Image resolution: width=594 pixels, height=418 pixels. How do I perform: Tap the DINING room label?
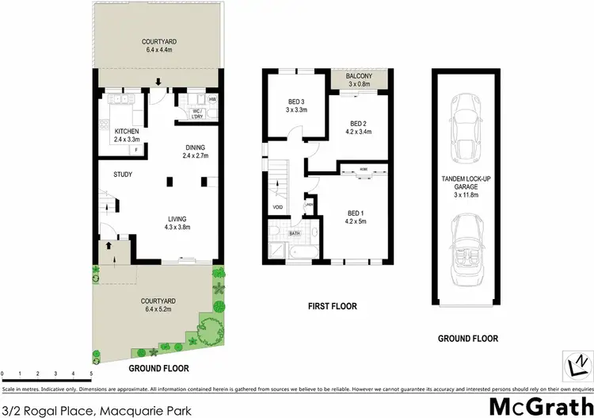pyautogui.click(x=195, y=147)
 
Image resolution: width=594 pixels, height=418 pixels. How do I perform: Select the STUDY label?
pyautogui.click(x=123, y=174)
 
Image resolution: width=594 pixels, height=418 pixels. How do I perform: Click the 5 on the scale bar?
pyautogui.click(x=91, y=373)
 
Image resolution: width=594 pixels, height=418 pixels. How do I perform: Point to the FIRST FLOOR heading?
pyautogui.click(x=331, y=305)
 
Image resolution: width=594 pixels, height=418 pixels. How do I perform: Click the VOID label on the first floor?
pyautogui.click(x=278, y=208)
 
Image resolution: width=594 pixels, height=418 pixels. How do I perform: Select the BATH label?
pyautogui.click(x=294, y=234)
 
